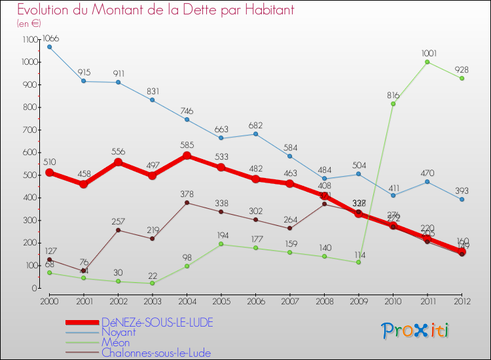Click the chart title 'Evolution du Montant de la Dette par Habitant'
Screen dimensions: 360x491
[156, 10]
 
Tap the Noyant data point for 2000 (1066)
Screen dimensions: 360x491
[49, 47]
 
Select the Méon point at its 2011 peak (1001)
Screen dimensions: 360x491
[427, 62]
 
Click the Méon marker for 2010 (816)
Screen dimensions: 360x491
[393, 104]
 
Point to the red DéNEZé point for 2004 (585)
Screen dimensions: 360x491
[187, 156]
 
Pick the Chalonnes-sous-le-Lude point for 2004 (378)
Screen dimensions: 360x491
[187, 203]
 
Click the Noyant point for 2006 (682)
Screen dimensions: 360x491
[255, 134]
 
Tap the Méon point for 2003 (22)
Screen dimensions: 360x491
[153, 283]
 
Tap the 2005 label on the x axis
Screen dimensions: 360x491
[221, 301]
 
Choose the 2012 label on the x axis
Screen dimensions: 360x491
[462, 301]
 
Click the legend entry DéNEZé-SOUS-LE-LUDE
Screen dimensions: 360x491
[157, 322]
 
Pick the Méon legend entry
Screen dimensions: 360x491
[115, 342]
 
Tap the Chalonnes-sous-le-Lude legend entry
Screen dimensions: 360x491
[156, 353]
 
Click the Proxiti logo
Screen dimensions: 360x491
[416, 331]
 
